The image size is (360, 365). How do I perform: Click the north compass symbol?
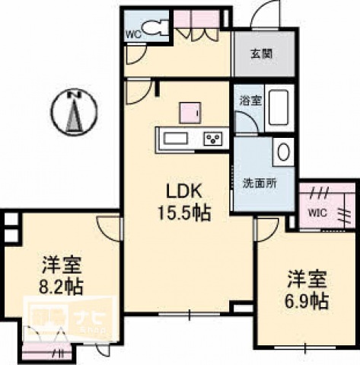(x=74, y=111)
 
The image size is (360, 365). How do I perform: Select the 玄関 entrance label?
(x=260, y=54)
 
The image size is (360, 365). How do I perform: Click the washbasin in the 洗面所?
(x=283, y=152)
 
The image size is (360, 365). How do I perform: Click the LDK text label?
(x=183, y=189)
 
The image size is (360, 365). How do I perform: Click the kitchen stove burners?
(x=213, y=139)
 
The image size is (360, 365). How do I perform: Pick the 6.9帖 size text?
(x=307, y=299)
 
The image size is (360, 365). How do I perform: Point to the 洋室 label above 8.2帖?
(x=62, y=267)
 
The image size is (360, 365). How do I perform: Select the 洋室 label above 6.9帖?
(x=307, y=278)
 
